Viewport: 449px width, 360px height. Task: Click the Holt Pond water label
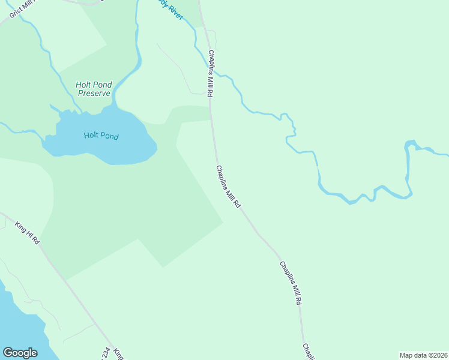(101, 136)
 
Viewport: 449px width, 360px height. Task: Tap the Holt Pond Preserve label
(93, 89)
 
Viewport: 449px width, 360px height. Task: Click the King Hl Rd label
(27, 232)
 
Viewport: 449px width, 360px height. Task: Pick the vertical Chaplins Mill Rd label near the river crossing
(211, 74)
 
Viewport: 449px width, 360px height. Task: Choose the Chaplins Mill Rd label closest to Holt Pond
(228, 187)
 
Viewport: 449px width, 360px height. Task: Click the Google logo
(20, 353)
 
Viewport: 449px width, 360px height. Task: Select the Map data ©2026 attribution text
(424, 355)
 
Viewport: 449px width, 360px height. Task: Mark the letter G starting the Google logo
(7, 352)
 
